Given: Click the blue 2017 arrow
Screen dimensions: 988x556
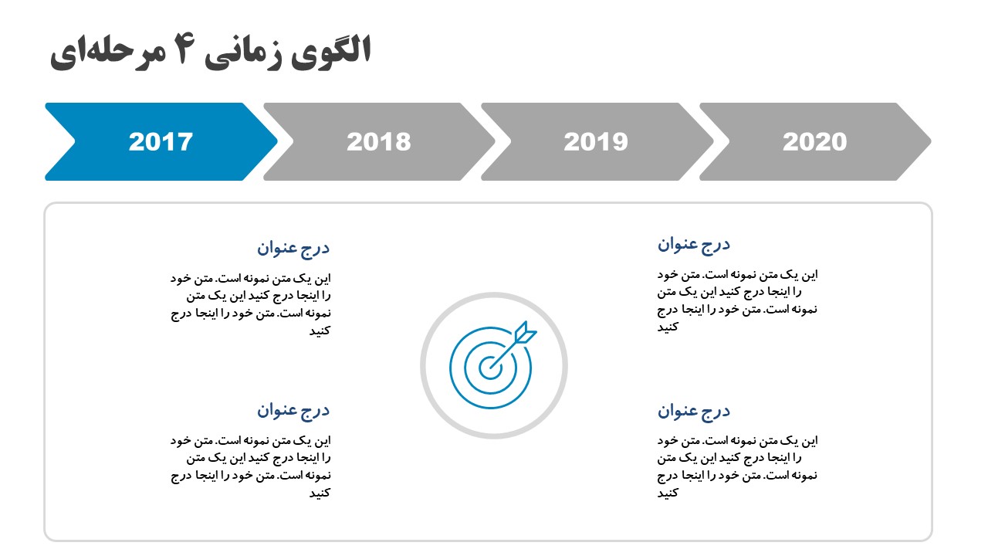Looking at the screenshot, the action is click(x=161, y=141).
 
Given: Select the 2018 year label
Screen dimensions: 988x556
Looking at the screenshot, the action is click(x=378, y=141).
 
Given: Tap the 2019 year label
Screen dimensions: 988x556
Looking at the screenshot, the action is click(x=596, y=141).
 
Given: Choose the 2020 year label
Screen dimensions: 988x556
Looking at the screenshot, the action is click(x=814, y=141).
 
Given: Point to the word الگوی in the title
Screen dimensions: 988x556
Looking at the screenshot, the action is click(x=330, y=52).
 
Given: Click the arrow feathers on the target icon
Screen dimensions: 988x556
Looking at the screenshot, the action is click(x=526, y=332).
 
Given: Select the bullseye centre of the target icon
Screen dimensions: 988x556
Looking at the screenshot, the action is click(x=490, y=368).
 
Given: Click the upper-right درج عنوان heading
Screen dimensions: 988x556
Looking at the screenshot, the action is click(x=694, y=245).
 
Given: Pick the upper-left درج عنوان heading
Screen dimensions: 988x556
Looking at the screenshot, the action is click(x=293, y=248).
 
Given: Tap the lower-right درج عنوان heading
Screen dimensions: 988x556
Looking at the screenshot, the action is click(x=694, y=412).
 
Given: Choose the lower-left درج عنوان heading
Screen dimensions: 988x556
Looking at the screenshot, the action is click(x=293, y=410).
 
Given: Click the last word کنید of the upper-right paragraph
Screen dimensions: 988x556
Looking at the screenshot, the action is click(x=668, y=327).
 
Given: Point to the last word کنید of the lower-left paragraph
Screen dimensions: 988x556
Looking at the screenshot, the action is click(x=320, y=493).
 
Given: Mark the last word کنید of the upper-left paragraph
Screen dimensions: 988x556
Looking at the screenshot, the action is click(x=320, y=331).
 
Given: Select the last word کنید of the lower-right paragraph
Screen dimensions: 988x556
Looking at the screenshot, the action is click(x=668, y=493).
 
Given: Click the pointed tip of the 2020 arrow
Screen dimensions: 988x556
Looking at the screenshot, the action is click(x=931, y=141).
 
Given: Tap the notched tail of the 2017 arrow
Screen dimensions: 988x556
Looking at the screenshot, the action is click(x=74, y=141).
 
